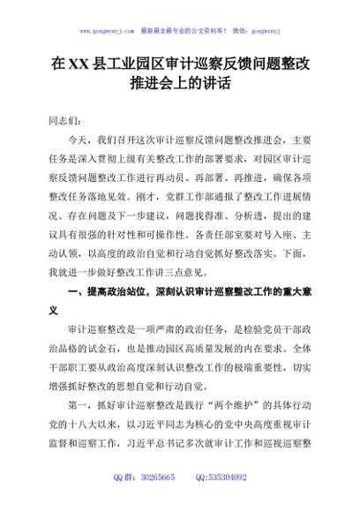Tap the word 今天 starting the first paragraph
(78, 139)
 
